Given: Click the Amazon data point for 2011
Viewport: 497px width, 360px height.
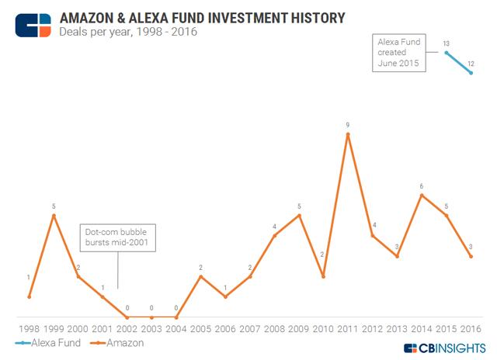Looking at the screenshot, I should pyautogui.click(x=348, y=134).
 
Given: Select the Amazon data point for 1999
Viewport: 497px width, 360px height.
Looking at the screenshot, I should pyautogui.click(x=53, y=215).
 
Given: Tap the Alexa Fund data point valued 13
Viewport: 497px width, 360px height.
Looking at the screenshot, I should pyautogui.click(x=446, y=52).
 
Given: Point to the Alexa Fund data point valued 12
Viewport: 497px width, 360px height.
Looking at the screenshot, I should pyautogui.click(x=471, y=73).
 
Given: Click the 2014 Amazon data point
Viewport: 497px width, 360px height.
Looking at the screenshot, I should pyautogui.click(x=422, y=195).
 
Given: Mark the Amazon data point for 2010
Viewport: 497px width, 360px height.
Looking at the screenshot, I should pyautogui.click(x=323, y=276).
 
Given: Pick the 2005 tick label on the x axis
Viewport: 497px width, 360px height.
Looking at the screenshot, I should pyautogui.click(x=200, y=328).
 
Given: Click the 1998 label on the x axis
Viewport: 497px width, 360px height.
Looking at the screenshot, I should pyautogui.click(x=29, y=328).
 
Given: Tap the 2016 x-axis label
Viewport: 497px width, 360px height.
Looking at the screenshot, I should pyautogui.click(x=471, y=328).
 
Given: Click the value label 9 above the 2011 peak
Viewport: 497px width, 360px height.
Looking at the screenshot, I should pyautogui.click(x=348, y=123).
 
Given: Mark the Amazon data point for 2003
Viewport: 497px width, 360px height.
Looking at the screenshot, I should pyautogui.click(x=151, y=317).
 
